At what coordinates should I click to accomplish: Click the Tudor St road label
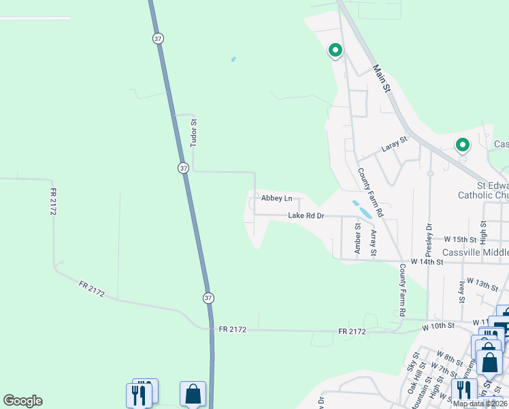tap(194, 134)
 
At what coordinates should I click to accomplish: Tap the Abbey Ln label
tap(277, 198)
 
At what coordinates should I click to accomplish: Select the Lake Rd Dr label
tap(306, 215)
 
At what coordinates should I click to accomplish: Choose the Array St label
tap(374, 243)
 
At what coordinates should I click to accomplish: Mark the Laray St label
tap(394, 143)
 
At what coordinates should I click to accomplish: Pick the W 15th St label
tap(461, 240)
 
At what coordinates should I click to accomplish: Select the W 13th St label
tap(483, 284)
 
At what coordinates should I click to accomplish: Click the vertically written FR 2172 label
tap(53, 202)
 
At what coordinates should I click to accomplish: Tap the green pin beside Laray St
tap(462, 145)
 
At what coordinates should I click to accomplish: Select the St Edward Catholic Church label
tap(492, 190)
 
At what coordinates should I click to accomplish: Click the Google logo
tap(22, 401)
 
